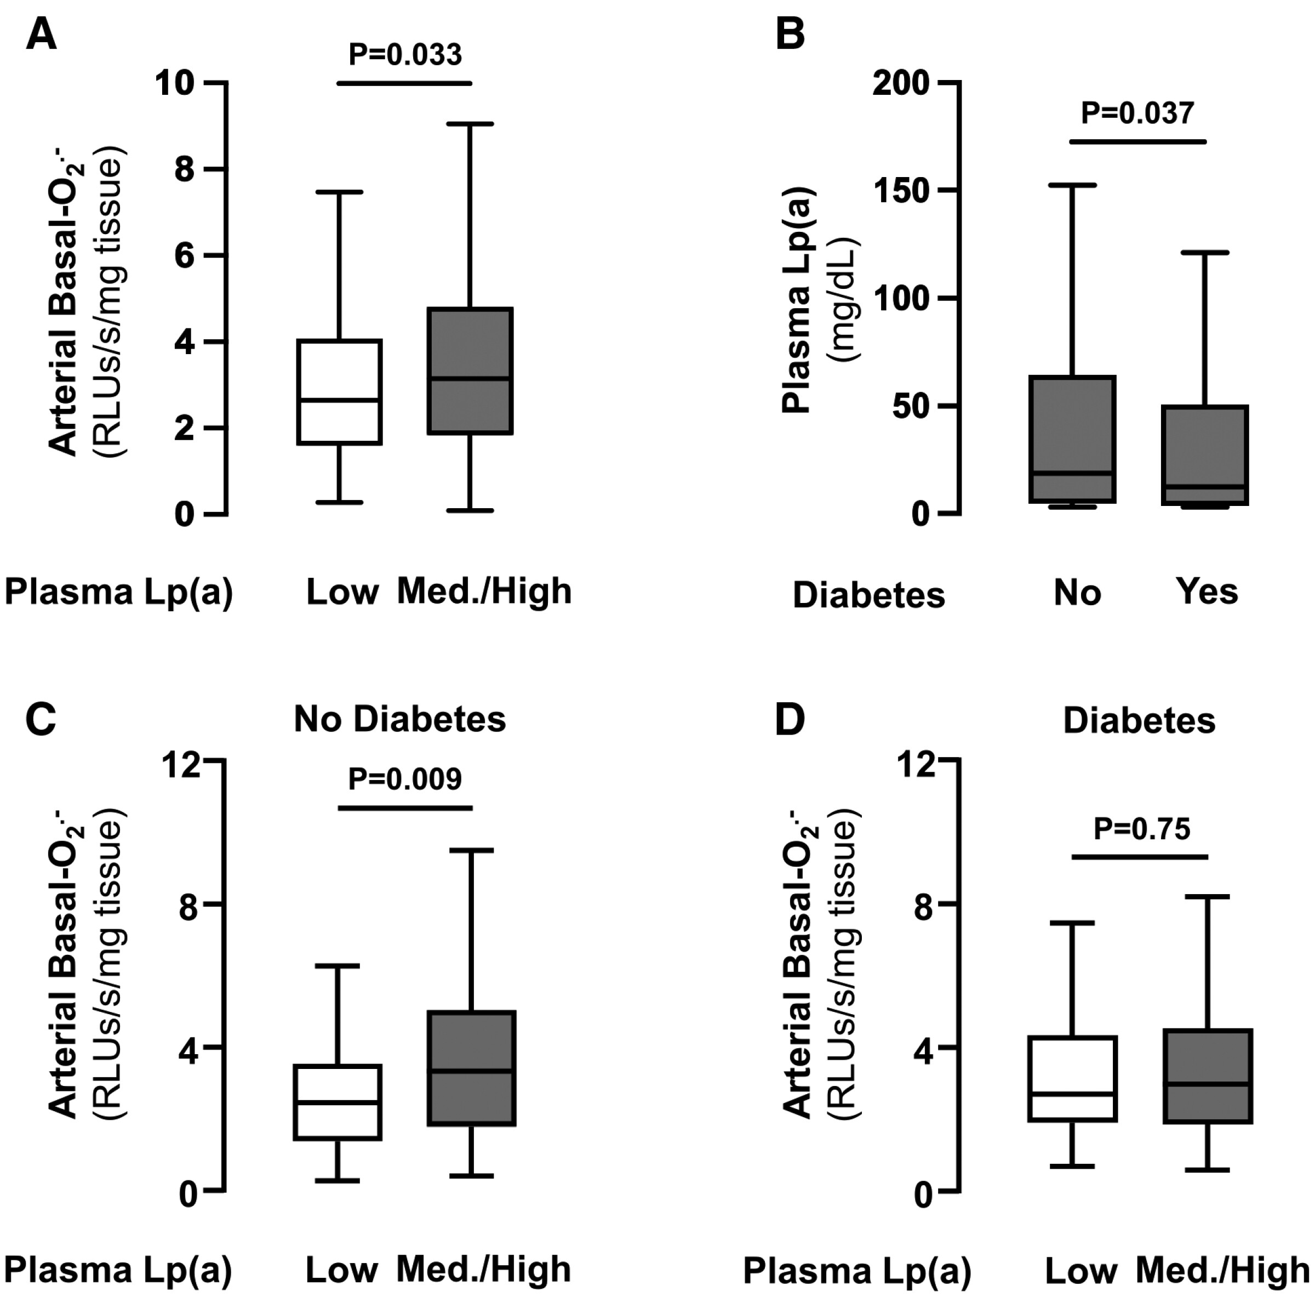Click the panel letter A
[x=41, y=34]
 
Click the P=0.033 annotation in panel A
[x=405, y=54]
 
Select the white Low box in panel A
[x=339, y=391]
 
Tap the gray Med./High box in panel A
[x=470, y=371]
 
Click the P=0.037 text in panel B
[x=1137, y=113]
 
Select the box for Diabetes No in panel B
[x=1073, y=439]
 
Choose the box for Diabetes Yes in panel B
[x=1205, y=455]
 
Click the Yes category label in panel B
[x=1207, y=591]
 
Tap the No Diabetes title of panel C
[x=399, y=719]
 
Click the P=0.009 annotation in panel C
[x=405, y=779]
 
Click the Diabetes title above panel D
[x=1139, y=720]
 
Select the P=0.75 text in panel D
[x=1141, y=829]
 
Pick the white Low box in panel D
[x=1073, y=1078]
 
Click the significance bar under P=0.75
[x=1140, y=856]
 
